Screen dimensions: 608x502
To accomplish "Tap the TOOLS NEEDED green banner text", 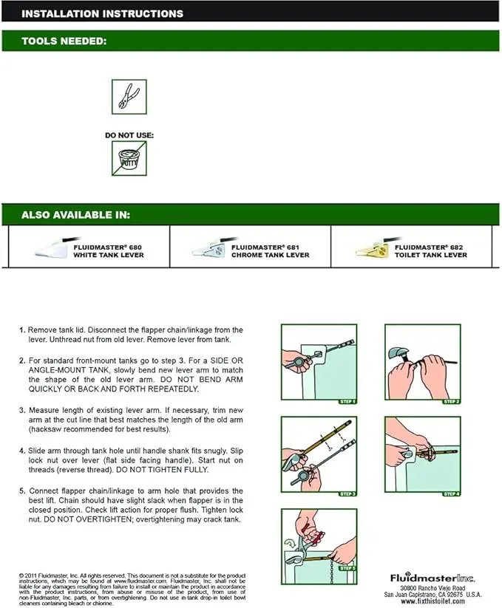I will (x=65, y=41).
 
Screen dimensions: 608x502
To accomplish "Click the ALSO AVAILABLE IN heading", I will (x=76, y=215).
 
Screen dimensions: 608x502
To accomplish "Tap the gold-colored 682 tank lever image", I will (x=370, y=247).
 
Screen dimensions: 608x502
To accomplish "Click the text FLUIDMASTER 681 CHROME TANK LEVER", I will (x=270, y=251).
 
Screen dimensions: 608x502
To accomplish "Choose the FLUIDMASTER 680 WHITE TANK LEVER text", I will (x=108, y=251).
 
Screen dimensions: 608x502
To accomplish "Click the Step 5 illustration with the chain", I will (x=317, y=543).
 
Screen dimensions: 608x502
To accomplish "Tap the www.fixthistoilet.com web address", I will (x=433, y=602).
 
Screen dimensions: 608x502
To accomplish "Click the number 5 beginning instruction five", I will (x=22, y=491).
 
